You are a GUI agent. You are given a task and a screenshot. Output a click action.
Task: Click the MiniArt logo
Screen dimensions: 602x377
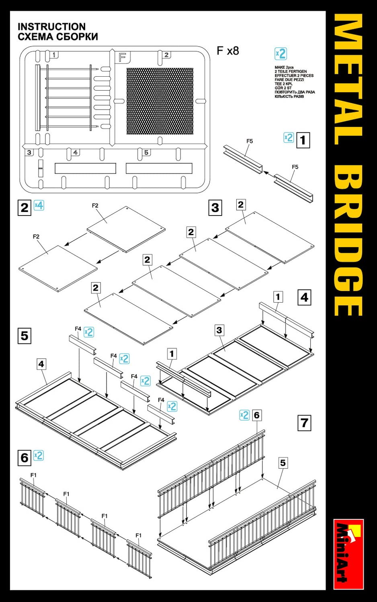tap(348, 554)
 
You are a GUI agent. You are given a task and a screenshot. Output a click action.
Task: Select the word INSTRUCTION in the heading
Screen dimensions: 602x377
tap(51, 26)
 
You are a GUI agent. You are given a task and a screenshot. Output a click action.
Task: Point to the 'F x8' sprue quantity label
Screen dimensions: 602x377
tap(227, 51)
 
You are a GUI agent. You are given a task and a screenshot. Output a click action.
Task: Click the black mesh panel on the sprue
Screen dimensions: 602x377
tap(160, 101)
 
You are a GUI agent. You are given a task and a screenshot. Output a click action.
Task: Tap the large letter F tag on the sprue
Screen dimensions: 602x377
tap(122, 57)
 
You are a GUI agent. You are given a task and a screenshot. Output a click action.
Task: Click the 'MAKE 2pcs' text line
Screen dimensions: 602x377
tap(284, 67)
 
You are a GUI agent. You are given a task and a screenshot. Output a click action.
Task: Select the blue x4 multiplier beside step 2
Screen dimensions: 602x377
tap(39, 205)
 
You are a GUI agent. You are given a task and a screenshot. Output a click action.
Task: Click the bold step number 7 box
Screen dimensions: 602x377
tap(304, 423)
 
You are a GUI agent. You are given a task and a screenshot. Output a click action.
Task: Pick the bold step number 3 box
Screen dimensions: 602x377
tap(215, 207)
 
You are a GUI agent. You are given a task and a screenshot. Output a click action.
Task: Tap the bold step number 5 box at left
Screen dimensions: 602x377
tap(25, 336)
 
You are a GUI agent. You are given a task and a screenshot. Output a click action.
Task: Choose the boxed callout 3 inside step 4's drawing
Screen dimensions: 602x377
tap(219, 330)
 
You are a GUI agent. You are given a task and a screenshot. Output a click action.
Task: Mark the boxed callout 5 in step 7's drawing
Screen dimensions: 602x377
tap(283, 463)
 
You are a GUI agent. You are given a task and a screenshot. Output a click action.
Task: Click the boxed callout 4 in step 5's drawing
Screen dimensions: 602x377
tap(41, 364)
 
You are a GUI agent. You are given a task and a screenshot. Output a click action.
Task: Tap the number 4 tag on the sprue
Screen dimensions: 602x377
tap(75, 153)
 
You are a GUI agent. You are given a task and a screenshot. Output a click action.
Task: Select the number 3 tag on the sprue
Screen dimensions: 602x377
tap(29, 153)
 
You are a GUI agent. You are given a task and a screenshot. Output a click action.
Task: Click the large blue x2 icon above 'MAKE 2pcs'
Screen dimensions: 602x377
tap(281, 54)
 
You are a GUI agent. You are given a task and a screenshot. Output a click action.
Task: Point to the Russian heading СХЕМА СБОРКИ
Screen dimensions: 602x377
tap(57, 37)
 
